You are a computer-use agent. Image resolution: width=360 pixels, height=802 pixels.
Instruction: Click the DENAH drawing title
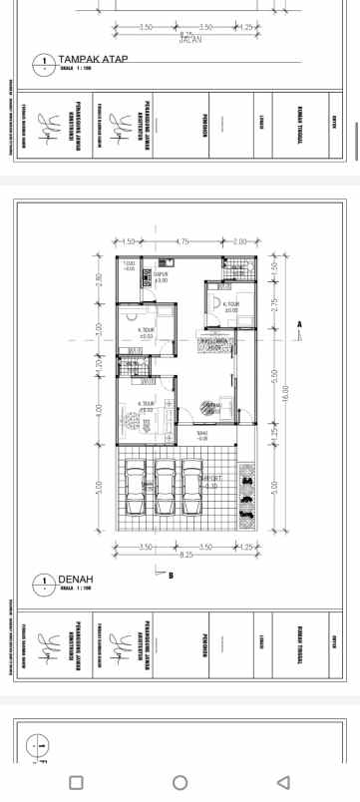click(x=76, y=579)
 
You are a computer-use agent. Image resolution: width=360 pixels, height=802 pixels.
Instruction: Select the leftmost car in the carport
click(x=138, y=488)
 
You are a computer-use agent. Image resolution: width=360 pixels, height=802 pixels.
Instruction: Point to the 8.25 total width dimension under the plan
click(x=186, y=554)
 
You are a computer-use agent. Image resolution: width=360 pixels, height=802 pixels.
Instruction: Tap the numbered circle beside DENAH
click(x=44, y=584)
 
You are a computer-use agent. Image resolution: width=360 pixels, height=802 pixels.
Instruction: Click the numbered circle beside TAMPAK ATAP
click(x=44, y=64)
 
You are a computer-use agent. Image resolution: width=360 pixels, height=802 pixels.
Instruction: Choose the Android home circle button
click(x=180, y=781)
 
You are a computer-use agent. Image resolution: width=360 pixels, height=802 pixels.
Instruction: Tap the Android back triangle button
click(x=283, y=781)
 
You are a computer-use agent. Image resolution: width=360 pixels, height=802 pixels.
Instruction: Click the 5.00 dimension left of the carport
click(x=99, y=488)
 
